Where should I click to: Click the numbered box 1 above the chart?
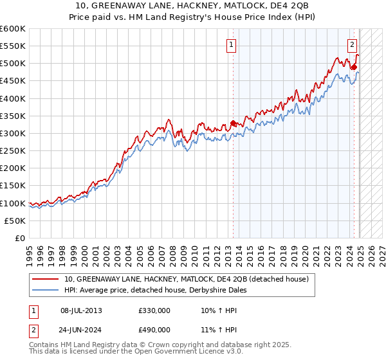tap(230, 45)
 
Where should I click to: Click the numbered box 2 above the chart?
tap(353, 45)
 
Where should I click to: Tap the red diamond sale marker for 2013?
tap(233, 123)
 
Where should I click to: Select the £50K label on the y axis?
tap(15, 221)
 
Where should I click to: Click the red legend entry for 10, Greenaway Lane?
tap(187, 279)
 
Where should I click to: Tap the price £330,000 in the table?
tap(154, 310)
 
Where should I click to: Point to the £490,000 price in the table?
tap(154, 330)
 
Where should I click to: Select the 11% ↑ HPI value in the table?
tap(215, 330)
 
